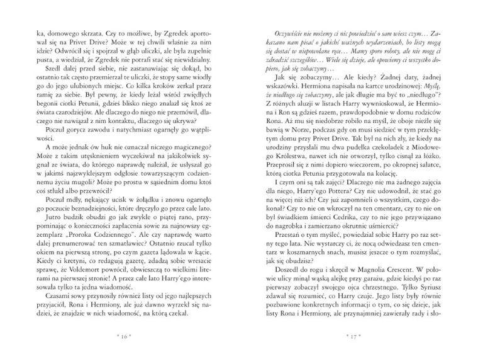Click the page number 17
352,336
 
